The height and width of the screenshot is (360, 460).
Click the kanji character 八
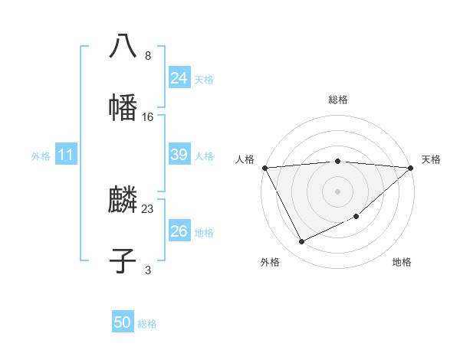pyautogui.click(x=123, y=45)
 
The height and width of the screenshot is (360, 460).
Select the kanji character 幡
pyautogui.click(x=123, y=106)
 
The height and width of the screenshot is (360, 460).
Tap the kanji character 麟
pyautogui.click(x=123, y=201)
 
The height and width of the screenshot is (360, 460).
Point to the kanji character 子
pyautogui.click(x=123, y=260)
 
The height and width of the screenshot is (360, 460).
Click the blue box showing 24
pyautogui.click(x=179, y=78)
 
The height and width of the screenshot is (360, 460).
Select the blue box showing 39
pyautogui.click(x=179, y=155)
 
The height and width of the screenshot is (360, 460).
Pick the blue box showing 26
pyautogui.click(x=179, y=231)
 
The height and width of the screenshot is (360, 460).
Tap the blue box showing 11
pyautogui.click(x=65, y=155)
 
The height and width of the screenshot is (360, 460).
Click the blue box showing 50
pyautogui.click(x=122, y=323)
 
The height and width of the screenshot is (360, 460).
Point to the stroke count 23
pyautogui.click(x=148, y=208)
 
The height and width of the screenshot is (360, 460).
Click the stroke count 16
pyautogui.click(x=148, y=116)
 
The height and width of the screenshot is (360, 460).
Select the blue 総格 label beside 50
pyautogui.click(x=147, y=324)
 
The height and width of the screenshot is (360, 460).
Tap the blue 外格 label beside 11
pyautogui.click(x=41, y=155)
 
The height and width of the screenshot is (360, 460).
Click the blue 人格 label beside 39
pyautogui.click(x=204, y=155)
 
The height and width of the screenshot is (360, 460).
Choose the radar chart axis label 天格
pyautogui.click(x=432, y=159)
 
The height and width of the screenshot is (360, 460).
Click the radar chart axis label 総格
pyautogui.click(x=337, y=100)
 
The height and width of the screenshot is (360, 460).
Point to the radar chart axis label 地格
pyautogui.click(x=402, y=262)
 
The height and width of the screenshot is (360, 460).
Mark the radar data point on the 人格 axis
pyautogui.click(x=264, y=168)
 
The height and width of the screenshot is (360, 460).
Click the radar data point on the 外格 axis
pyautogui.click(x=301, y=242)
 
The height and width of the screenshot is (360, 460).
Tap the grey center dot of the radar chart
pyautogui.click(x=337, y=191)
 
